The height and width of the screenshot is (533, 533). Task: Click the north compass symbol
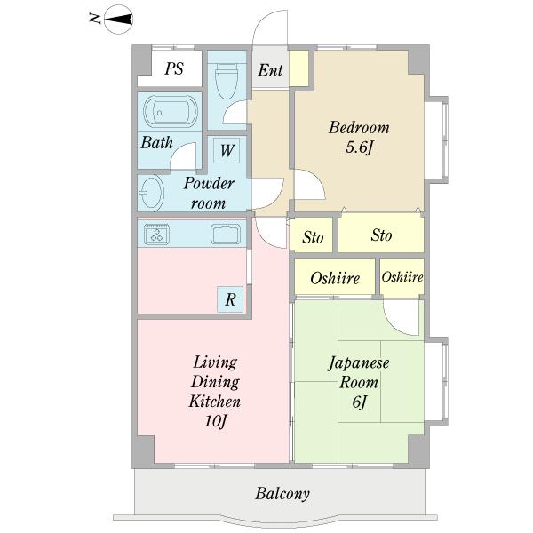[119, 18]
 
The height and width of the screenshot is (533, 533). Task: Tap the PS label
[174, 68]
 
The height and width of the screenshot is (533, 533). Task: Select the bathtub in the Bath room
[170, 113]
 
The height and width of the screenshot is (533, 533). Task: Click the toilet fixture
[227, 82]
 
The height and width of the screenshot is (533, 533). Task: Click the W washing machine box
[227, 150]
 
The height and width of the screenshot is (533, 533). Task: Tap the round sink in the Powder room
[150, 192]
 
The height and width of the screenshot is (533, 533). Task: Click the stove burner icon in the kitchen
[157, 235]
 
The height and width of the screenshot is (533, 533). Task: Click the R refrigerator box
[230, 299]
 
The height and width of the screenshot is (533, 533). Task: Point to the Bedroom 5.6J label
[359, 138]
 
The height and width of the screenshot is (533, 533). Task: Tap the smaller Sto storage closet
[313, 236]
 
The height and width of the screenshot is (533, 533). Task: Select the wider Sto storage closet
[381, 235]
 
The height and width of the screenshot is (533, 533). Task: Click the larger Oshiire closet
[335, 278]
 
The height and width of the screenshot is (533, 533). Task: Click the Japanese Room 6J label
[359, 382]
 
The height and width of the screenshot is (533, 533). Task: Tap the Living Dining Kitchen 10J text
[215, 392]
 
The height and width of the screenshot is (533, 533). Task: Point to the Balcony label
[282, 494]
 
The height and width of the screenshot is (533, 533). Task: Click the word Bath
[156, 142]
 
